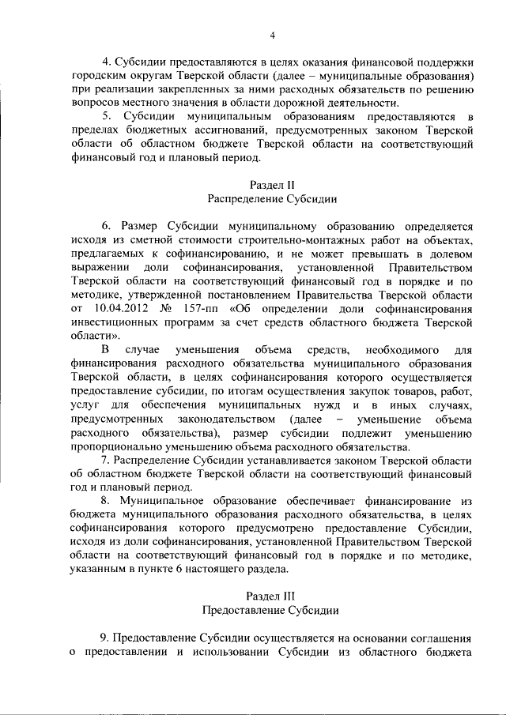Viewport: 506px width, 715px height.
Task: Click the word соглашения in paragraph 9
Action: tap(439, 638)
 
